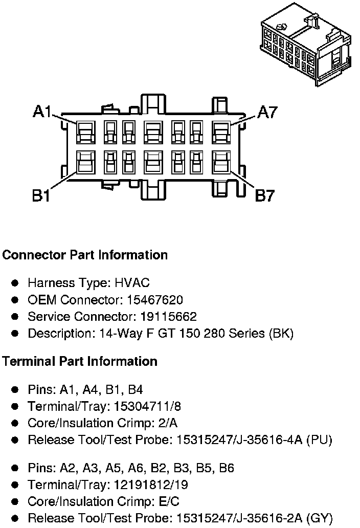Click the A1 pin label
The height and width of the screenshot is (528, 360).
[x=41, y=112]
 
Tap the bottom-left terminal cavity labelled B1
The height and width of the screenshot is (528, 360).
[x=84, y=163]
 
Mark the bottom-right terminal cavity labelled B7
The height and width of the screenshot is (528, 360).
[x=221, y=163]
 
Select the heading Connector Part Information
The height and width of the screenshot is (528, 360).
[x=85, y=255]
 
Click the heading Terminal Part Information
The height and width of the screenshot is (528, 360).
[x=79, y=361]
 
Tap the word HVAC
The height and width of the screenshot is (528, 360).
[x=133, y=282]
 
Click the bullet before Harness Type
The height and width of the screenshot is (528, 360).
[x=15, y=283]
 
